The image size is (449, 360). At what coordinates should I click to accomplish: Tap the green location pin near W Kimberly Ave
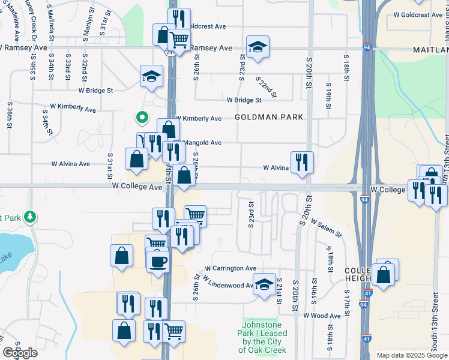point(142,118)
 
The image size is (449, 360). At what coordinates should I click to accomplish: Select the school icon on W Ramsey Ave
point(258,47)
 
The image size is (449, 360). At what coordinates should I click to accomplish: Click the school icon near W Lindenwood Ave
point(264,285)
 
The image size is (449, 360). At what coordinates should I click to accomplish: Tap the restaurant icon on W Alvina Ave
point(302,162)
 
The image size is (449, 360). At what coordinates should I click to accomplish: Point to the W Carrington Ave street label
point(231,268)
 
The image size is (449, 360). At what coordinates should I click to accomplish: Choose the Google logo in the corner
point(20,353)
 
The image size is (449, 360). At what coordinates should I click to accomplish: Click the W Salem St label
point(326,228)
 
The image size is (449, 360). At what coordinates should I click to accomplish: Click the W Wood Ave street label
point(322,316)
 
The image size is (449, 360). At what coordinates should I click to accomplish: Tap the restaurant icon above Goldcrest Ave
point(179,18)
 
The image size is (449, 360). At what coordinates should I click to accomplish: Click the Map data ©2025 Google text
point(412,355)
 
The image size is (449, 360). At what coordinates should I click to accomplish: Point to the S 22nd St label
point(266,86)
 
